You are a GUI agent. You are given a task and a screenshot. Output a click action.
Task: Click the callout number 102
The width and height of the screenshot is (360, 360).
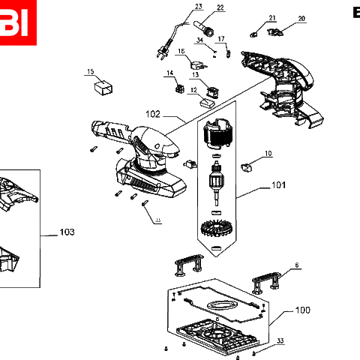[153, 114]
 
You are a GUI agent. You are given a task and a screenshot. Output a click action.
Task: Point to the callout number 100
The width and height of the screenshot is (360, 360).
[302, 310]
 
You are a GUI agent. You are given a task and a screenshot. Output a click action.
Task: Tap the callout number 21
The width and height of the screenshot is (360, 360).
[272, 18]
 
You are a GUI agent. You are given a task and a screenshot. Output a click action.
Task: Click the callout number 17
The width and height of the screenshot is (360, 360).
[220, 38]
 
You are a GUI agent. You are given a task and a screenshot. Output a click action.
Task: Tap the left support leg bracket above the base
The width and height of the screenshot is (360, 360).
[189, 262]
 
